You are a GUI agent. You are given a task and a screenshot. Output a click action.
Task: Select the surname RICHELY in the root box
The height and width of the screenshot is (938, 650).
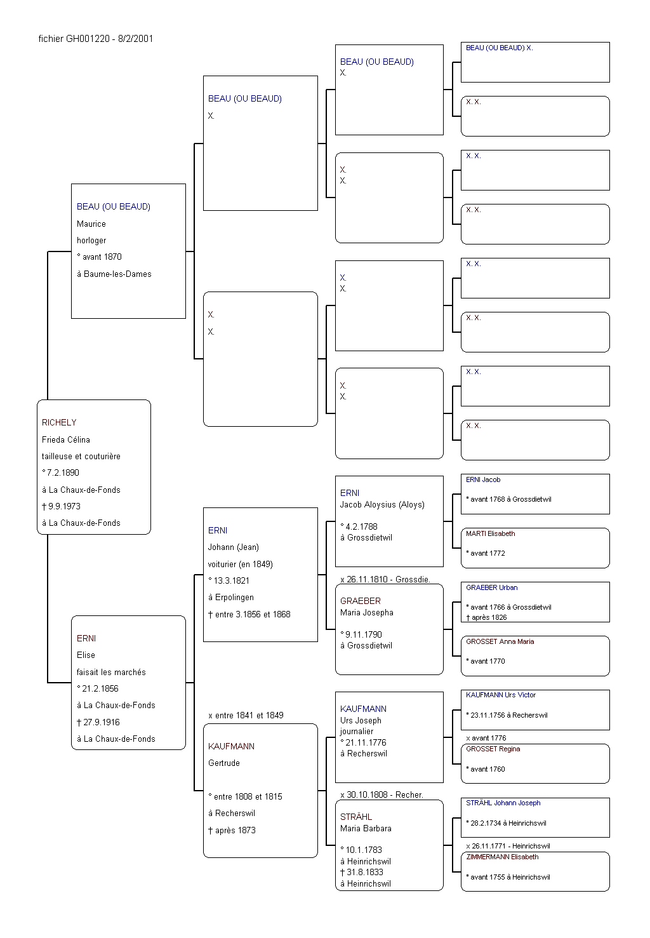click(59, 422)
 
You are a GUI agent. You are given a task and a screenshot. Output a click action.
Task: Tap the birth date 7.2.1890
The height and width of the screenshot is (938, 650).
click(63, 472)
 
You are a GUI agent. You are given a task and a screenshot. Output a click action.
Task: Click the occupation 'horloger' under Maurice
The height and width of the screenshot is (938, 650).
click(91, 240)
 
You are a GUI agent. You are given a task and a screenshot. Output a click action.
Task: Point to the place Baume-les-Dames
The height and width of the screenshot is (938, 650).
click(117, 274)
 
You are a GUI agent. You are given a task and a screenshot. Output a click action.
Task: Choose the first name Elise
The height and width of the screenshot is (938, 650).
click(86, 655)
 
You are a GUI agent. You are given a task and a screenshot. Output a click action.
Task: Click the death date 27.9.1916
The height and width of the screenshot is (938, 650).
click(101, 722)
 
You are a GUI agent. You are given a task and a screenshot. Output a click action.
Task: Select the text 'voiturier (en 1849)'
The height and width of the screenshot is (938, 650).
click(240, 564)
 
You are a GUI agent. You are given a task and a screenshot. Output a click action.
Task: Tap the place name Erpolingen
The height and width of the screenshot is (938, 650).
click(234, 597)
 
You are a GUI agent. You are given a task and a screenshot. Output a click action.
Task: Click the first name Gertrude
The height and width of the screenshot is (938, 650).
click(224, 763)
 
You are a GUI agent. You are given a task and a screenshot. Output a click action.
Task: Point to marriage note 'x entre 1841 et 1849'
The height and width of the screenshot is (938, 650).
click(246, 715)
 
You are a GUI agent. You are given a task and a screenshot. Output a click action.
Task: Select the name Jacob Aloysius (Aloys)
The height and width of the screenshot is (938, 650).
click(382, 504)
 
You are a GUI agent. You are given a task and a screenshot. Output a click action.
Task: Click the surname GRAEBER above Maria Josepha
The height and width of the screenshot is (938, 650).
click(361, 601)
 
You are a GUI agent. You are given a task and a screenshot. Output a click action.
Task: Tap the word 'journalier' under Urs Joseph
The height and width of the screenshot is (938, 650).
click(357, 731)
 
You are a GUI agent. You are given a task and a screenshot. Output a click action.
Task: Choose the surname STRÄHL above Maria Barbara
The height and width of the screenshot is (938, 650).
click(356, 817)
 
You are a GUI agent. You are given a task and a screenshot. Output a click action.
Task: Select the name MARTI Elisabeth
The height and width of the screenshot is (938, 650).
click(490, 533)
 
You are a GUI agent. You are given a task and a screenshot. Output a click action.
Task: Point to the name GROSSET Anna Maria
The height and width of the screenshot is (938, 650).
click(500, 641)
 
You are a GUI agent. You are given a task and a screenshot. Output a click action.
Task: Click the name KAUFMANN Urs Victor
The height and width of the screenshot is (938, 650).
click(501, 695)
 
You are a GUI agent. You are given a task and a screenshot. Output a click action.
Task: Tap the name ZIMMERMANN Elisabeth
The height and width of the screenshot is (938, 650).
click(502, 857)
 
